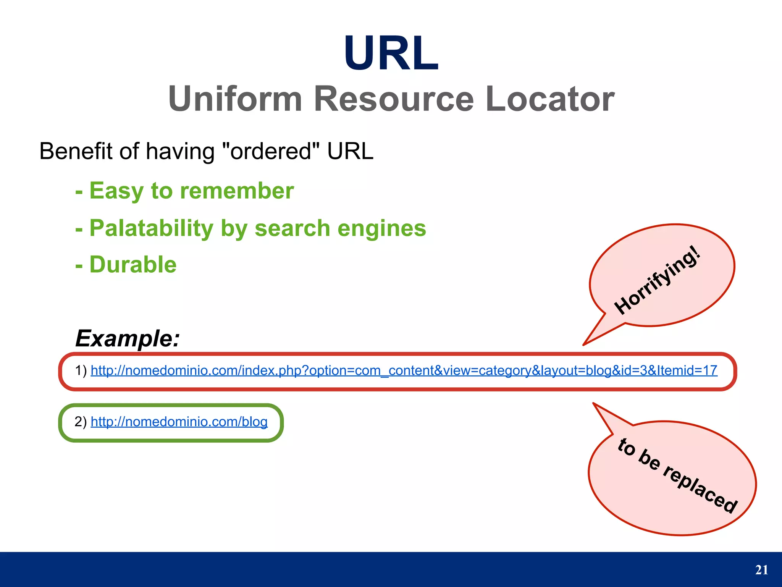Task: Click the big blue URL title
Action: click(391, 53)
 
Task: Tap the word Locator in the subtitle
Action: click(550, 99)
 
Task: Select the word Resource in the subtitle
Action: click(393, 99)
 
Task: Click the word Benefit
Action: click(76, 151)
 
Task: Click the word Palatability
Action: click(151, 228)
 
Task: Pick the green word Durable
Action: click(133, 264)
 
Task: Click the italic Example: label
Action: click(128, 338)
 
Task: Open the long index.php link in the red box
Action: click(404, 370)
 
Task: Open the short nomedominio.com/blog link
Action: click(179, 422)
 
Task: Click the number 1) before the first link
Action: click(81, 370)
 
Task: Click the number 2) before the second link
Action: click(81, 422)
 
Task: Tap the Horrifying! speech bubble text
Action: click(658, 281)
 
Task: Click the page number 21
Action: click(761, 570)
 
